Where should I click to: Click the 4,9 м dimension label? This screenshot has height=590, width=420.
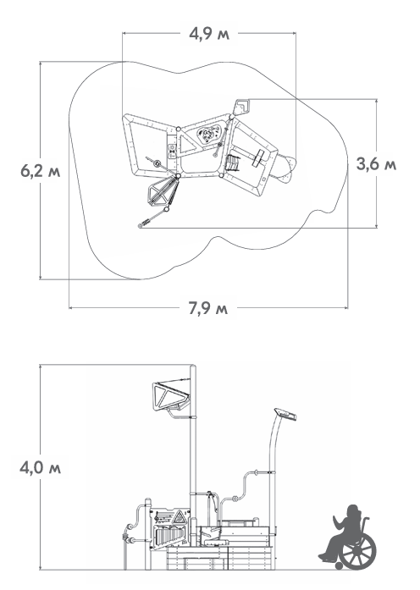click(x=209, y=34)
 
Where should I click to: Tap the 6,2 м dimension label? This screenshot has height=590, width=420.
click(x=41, y=171)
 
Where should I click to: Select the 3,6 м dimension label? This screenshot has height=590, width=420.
click(x=376, y=164)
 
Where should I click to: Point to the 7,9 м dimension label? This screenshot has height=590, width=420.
click(x=208, y=309)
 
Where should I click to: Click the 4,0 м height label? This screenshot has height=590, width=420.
click(x=41, y=468)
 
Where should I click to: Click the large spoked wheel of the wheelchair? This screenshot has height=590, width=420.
click(x=358, y=551)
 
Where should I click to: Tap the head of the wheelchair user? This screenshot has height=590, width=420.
click(x=353, y=512)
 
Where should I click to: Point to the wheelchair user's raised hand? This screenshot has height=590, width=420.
click(x=335, y=520)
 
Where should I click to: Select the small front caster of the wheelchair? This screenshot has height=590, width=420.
click(x=339, y=565)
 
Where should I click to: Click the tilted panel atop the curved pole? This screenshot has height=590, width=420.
click(x=285, y=414)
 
